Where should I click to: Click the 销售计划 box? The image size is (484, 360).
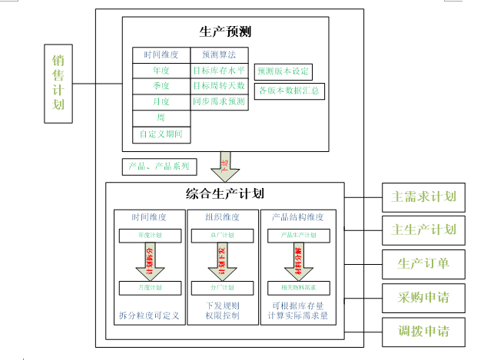click(x=58, y=82)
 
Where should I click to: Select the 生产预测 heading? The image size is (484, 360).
click(x=225, y=31)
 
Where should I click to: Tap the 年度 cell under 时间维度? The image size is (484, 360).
click(x=161, y=70)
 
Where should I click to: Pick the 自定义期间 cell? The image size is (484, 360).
click(x=161, y=134)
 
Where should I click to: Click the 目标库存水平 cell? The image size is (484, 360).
click(x=219, y=70)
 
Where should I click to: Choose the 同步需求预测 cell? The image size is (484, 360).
click(x=219, y=101)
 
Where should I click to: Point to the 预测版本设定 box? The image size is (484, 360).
click(x=283, y=71)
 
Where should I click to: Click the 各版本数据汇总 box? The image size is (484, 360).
click(x=288, y=90)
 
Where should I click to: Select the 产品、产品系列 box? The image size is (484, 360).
click(x=160, y=166)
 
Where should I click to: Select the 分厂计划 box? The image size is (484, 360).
click(x=222, y=287)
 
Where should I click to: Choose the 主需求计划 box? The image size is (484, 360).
click(x=423, y=197)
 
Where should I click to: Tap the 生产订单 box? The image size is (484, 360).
click(x=423, y=264)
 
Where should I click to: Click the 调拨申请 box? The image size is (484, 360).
click(x=423, y=332)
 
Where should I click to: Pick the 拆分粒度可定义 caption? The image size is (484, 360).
click(x=149, y=315)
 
